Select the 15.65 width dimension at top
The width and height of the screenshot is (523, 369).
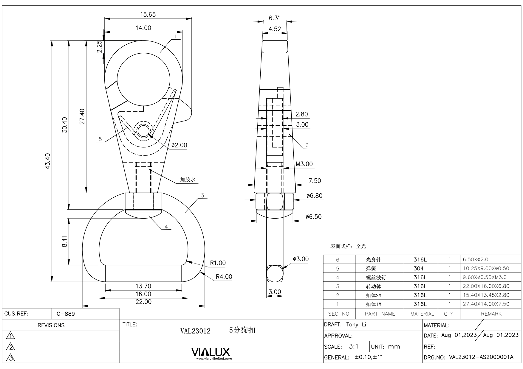(x=148, y=14)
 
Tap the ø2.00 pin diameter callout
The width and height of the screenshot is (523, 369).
(x=179, y=145)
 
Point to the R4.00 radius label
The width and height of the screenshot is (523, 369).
(x=224, y=277)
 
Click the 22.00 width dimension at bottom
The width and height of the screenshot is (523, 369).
(x=143, y=302)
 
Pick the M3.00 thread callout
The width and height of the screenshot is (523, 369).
(x=304, y=164)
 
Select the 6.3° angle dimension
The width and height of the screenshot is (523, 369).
(x=274, y=18)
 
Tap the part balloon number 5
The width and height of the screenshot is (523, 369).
(x=100, y=139)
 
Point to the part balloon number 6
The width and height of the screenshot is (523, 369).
(x=307, y=145)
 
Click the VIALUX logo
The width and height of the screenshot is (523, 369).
(x=211, y=352)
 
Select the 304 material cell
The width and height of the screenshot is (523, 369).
(x=419, y=268)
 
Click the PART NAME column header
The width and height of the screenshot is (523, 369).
(x=380, y=314)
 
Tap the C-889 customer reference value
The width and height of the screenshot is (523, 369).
(x=66, y=314)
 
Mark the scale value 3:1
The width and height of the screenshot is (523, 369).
(x=354, y=346)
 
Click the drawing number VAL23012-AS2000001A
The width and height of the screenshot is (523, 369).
(x=481, y=357)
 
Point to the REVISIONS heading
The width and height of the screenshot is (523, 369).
(x=51, y=325)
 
